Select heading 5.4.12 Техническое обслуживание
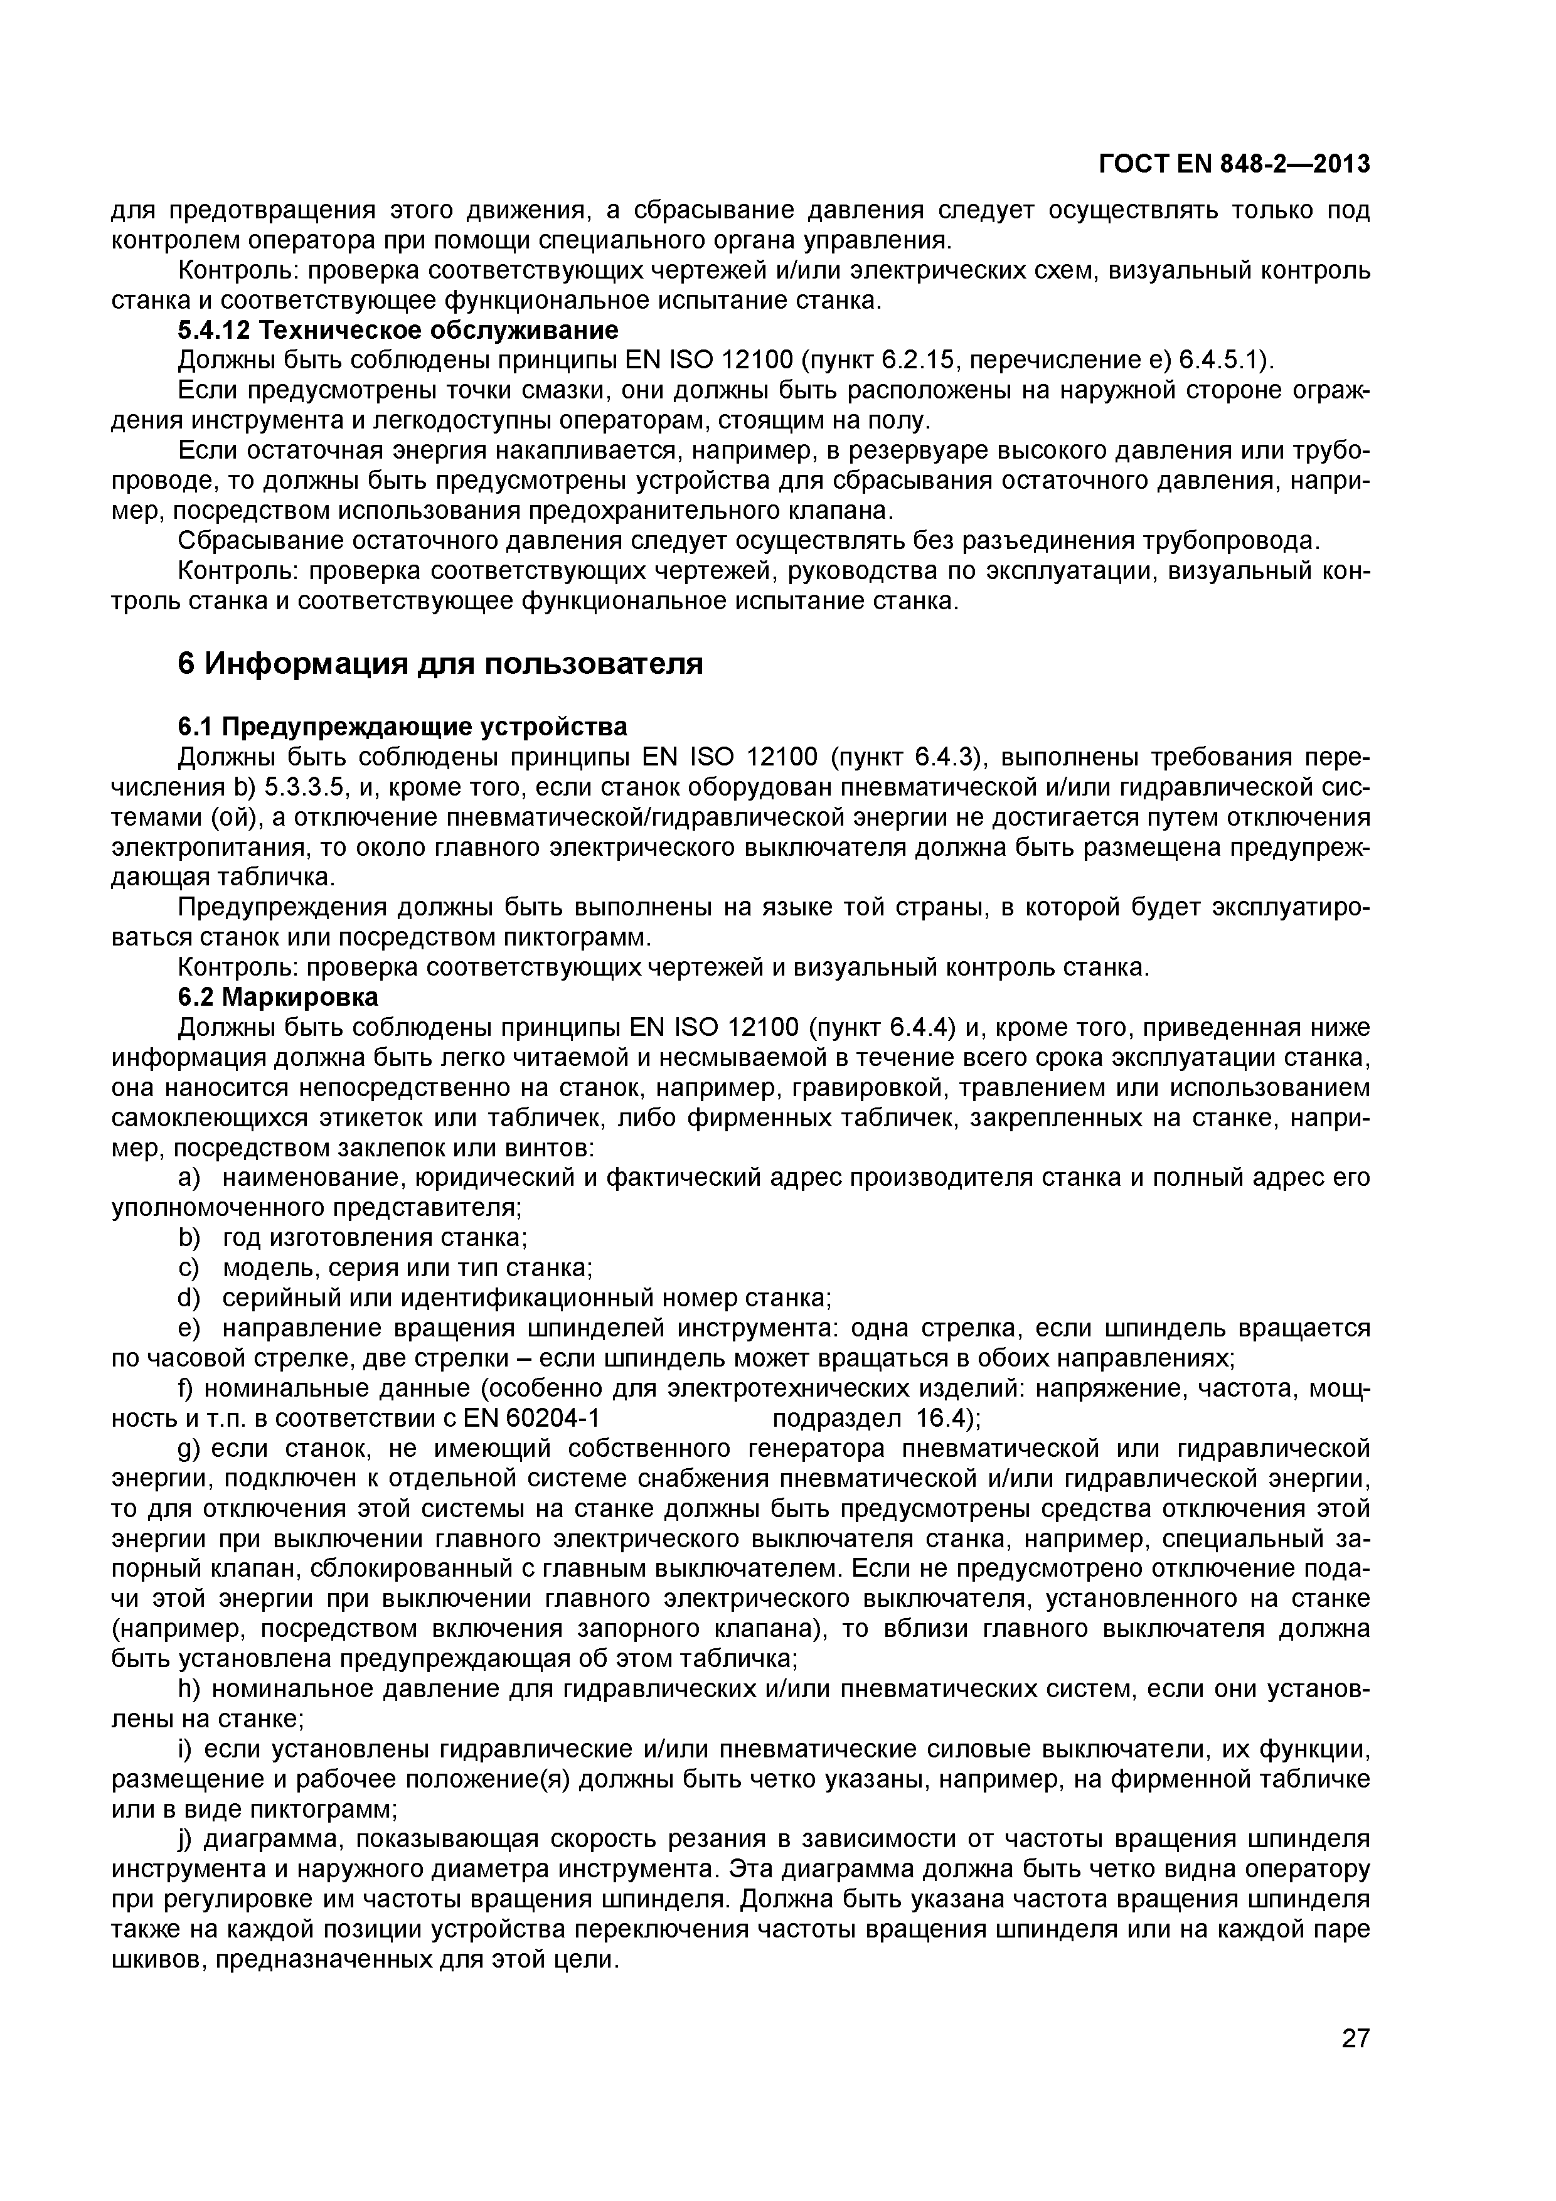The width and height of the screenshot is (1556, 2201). click(398, 331)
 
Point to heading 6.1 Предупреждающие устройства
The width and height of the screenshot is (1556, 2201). click(403, 727)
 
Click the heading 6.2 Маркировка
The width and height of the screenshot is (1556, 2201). click(278, 997)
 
